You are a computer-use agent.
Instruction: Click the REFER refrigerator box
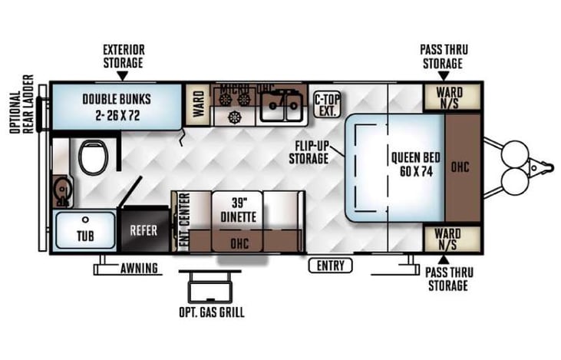144,229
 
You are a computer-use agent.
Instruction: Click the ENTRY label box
331,266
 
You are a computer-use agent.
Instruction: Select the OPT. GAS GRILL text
210,313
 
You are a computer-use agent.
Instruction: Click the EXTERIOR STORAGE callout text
123,57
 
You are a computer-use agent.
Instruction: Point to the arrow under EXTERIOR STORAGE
122,75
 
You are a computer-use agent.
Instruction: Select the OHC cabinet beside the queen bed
460,167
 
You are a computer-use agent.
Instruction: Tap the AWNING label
139,269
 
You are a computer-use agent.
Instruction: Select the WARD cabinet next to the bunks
198,102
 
